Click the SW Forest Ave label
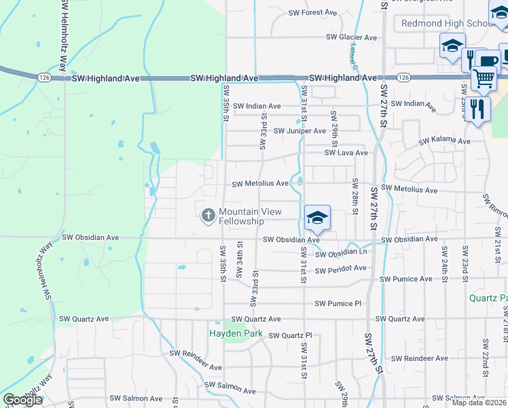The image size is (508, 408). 312,12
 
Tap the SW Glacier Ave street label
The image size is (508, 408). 351,37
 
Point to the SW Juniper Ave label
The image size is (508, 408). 300,131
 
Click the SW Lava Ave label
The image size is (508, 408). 346,153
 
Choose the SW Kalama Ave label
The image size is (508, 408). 444,141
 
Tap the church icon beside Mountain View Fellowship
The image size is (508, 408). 208,216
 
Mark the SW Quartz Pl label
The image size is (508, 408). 289,335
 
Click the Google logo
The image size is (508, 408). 22,400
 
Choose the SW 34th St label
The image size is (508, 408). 239,259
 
